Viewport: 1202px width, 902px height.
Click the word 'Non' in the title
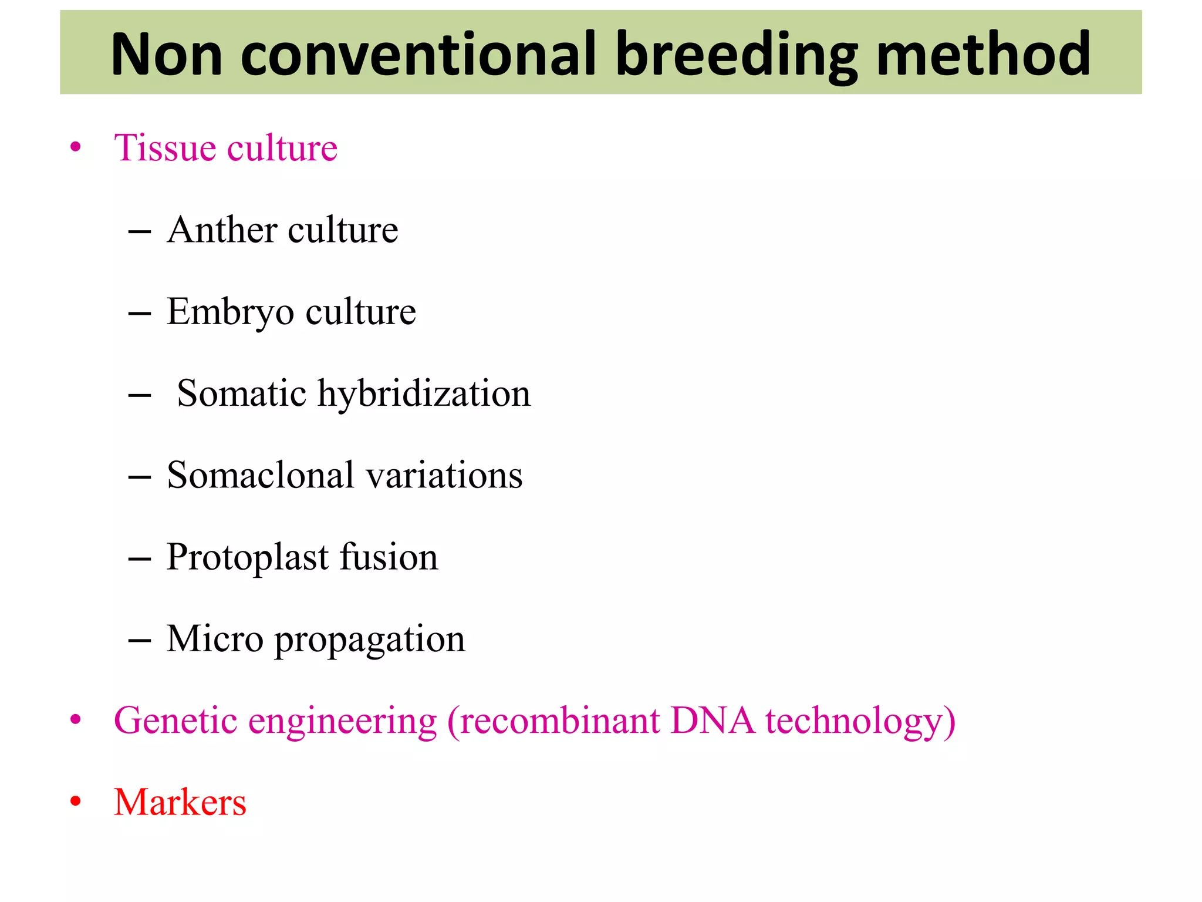click(x=167, y=54)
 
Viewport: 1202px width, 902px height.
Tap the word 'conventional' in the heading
click(x=418, y=54)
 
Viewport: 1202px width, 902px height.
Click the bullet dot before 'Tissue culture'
click(x=75, y=147)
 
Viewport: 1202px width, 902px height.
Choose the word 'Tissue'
click(x=165, y=147)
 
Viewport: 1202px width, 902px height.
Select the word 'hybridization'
click(x=424, y=393)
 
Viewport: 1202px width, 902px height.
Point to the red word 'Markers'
click(x=180, y=802)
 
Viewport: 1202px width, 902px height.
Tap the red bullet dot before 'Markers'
click(x=75, y=802)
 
